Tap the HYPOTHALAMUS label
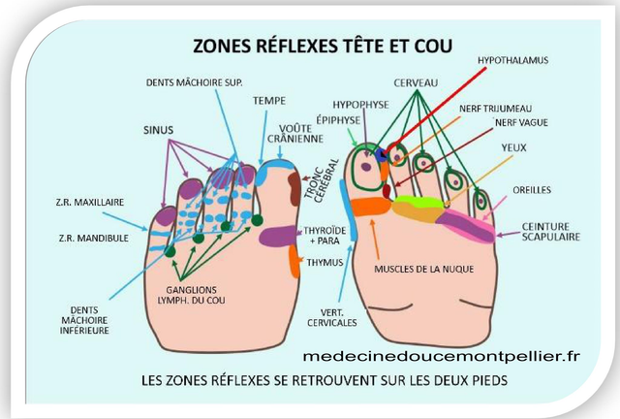pyautogui.click(x=512, y=60)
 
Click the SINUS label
pyautogui.click(x=159, y=128)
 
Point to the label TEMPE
pyautogui.click(x=268, y=100)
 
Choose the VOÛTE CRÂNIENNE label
pyautogui.click(x=301, y=134)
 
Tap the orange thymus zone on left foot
pyautogui.click(x=294, y=260)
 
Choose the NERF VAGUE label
pyautogui.click(x=521, y=123)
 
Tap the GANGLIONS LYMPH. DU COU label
pyautogui.click(x=204, y=295)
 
